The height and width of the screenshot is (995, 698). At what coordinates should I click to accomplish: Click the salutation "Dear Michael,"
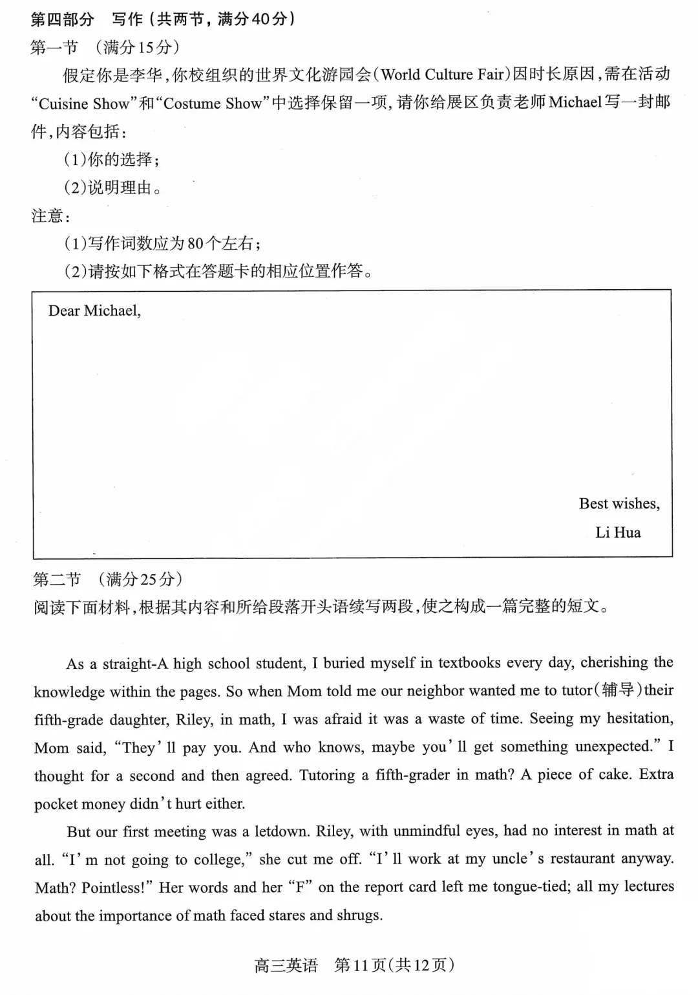coord(94,311)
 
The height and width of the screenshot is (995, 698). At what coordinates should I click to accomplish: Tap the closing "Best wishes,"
coord(619,504)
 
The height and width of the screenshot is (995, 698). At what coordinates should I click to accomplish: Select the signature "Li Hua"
coord(618,532)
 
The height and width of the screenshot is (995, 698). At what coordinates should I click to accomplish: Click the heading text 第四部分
coord(62,19)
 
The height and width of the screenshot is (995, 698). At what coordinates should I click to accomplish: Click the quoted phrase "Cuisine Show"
coord(84,104)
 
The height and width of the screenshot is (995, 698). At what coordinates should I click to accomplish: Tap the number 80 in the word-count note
coord(195,244)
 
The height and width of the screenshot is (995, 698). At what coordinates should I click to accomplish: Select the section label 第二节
coord(57,579)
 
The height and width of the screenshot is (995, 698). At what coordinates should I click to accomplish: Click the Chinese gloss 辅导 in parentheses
coord(617,690)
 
